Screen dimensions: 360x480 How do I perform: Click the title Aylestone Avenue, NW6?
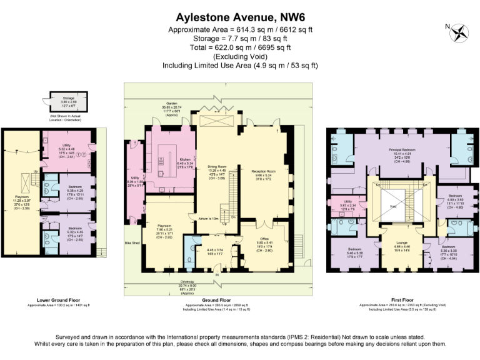(x=239, y=16)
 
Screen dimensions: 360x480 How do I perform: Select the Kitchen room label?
(x=167, y=159)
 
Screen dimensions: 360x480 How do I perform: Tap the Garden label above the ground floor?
(x=172, y=104)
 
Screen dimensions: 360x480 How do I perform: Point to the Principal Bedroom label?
(x=402, y=151)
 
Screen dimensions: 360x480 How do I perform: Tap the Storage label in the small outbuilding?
(x=69, y=98)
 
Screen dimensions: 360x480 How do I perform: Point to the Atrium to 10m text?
(x=207, y=218)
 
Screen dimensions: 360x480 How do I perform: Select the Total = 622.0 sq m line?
(x=239, y=47)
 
